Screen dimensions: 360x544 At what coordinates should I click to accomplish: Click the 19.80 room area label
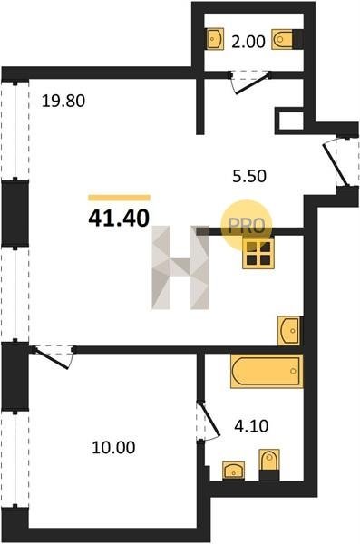[63, 102]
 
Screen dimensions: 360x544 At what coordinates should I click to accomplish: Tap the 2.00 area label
[248, 42]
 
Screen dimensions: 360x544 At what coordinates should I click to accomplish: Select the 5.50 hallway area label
[249, 176]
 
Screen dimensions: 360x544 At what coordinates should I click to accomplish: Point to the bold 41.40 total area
[119, 219]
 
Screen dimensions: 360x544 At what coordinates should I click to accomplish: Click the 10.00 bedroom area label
[113, 448]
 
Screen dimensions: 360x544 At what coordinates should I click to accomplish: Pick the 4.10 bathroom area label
[251, 426]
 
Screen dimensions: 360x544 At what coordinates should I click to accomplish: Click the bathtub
[267, 371]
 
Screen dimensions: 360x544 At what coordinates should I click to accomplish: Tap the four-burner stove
[258, 253]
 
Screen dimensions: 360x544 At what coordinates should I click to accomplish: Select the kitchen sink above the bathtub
[289, 331]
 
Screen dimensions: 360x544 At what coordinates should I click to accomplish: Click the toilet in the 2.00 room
[282, 39]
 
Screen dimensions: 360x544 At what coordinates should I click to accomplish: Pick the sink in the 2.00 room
[215, 39]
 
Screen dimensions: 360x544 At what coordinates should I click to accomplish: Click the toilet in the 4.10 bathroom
[269, 460]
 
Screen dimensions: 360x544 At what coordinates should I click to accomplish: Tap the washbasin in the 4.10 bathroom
[233, 471]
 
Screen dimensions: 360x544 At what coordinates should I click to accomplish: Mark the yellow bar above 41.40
[119, 198]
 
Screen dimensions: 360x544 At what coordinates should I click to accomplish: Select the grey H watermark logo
[180, 267]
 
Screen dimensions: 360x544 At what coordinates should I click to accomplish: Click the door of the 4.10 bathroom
[209, 419]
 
